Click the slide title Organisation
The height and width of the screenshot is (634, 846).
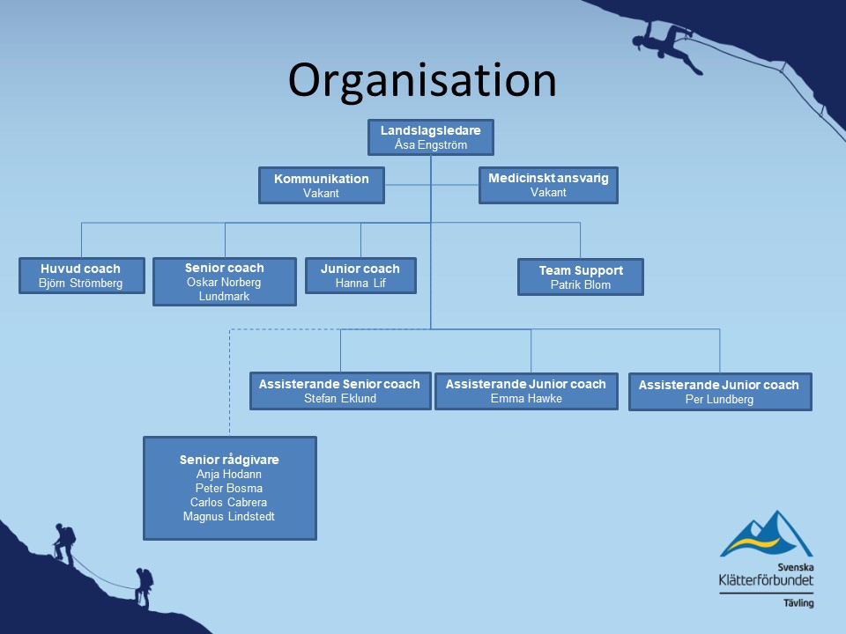[x=422, y=81]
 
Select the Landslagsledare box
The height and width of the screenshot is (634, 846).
[x=431, y=137]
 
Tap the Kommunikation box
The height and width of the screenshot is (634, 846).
[x=322, y=186]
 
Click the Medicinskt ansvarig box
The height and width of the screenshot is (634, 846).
[x=548, y=185]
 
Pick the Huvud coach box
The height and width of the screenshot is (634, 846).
[x=82, y=276]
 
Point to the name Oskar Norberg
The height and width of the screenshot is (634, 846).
[x=224, y=282]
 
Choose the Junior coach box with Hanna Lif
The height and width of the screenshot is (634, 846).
[x=360, y=276]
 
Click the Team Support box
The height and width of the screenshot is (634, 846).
[x=581, y=277]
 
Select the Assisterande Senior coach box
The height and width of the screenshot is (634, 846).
[x=340, y=391]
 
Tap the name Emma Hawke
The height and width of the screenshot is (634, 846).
[x=526, y=398]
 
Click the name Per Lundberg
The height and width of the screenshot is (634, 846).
[x=719, y=400]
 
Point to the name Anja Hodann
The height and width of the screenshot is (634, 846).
[x=229, y=475]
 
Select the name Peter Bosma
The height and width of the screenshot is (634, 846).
[x=229, y=489]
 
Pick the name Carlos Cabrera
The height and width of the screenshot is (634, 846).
[x=228, y=503]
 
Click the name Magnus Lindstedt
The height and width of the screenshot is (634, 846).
[x=229, y=517]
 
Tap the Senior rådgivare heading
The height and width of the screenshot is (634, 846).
[x=229, y=460]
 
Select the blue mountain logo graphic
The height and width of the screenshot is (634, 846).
[x=766, y=534]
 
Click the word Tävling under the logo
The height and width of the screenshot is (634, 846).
[x=798, y=602]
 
